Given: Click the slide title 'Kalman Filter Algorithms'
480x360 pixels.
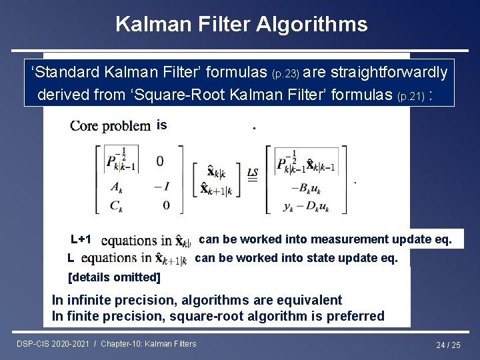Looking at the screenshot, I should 241,25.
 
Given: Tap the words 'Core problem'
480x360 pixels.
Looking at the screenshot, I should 110,125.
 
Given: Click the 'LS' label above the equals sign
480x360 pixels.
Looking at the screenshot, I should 253,173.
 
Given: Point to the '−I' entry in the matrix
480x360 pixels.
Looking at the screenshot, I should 159,186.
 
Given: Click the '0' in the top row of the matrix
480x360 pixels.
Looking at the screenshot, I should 160,161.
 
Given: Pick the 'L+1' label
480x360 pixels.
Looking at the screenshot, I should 81,239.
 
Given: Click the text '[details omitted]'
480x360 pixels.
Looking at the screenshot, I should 115,277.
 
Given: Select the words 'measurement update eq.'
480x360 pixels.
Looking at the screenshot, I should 385,239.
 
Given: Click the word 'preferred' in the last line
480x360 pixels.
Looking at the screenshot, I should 355,316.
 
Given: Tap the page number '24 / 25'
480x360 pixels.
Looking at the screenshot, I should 448,345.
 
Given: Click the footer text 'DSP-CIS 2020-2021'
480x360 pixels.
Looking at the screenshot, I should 53,344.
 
